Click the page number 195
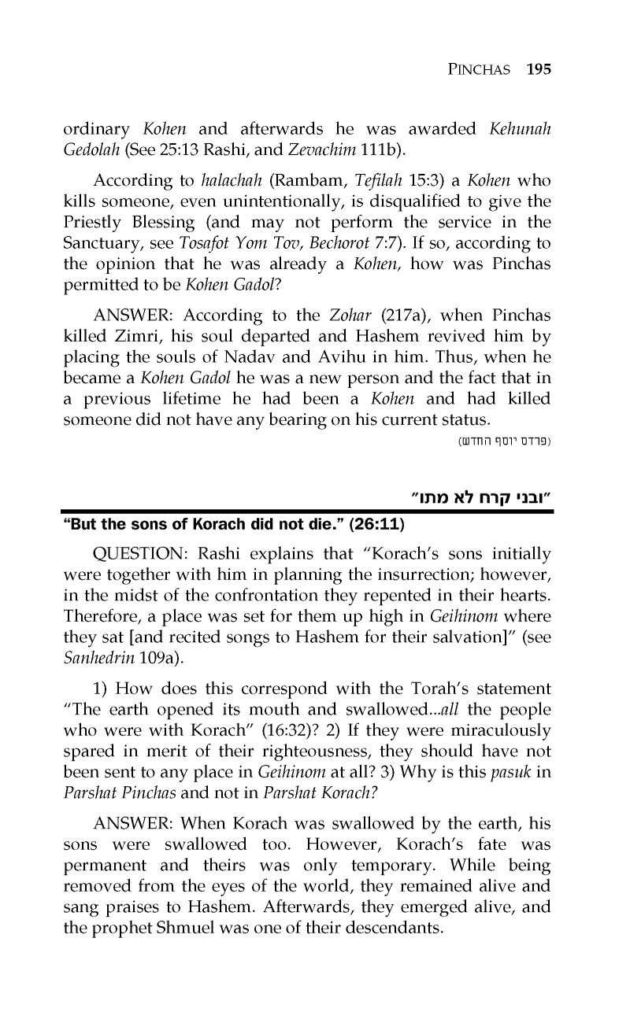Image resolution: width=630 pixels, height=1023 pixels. pyautogui.click(x=538, y=68)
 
